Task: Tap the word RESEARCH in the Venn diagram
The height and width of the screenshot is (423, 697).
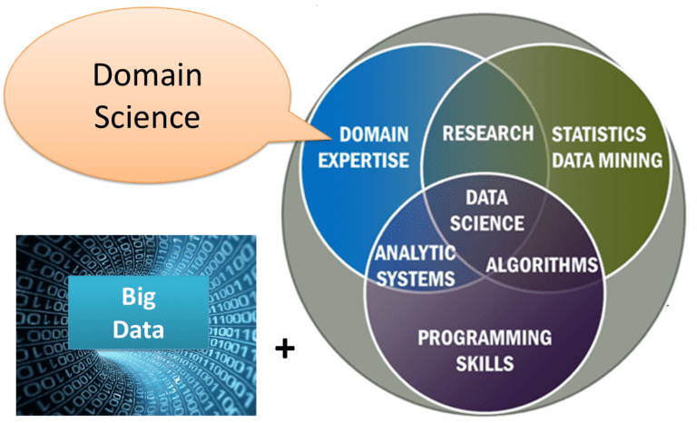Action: tap(487, 133)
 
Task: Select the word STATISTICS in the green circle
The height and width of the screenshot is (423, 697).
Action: tap(599, 134)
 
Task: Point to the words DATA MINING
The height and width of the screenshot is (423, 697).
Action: tap(607, 161)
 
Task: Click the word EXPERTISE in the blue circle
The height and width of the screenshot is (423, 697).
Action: tap(373, 161)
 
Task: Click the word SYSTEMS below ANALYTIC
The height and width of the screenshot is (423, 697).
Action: tap(415, 278)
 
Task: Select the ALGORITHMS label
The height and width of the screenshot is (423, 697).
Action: tap(542, 265)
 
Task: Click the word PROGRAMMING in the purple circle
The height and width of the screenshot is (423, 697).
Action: tap(484, 339)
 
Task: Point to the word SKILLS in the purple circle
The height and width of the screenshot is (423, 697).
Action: tap(484, 364)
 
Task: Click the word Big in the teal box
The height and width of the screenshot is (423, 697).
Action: tap(138, 298)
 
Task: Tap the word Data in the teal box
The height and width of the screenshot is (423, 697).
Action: tap(138, 328)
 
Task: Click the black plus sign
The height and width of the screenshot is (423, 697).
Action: tap(286, 348)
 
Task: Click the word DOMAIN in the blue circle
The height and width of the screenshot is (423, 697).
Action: tap(374, 135)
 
